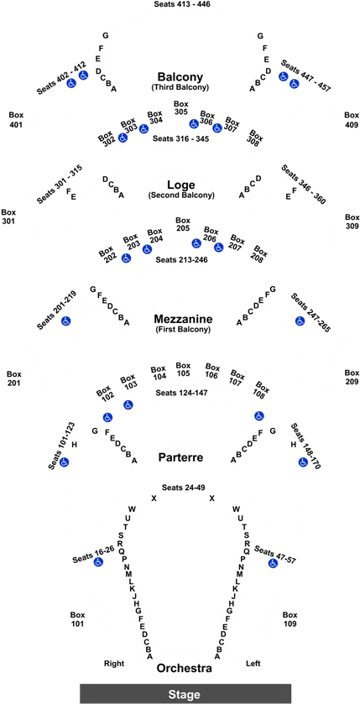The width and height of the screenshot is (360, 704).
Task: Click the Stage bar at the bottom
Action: click(x=185, y=694)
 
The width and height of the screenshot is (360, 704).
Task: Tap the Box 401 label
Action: click(x=16, y=120)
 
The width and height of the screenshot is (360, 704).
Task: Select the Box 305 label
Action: click(x=181, y=108)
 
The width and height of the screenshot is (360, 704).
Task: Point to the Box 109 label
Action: click(x=290, y=619)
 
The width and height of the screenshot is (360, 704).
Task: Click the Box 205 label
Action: click(x=183, y=225)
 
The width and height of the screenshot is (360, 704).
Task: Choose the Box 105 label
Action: click(x=183, y=369)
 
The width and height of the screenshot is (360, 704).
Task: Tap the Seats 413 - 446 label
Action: click(x=182, y=4)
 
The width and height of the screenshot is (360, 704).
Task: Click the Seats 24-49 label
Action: click(x=182, y=488)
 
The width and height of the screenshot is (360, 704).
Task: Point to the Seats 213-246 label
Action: click(x=181, y=259)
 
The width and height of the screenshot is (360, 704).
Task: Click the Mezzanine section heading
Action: click(x=183, y=319)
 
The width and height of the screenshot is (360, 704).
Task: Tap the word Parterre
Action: click(x=181, y=457)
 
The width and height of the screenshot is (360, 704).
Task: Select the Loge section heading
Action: click(x=181, y=185)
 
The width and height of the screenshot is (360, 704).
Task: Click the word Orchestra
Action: click(x=184, y=669)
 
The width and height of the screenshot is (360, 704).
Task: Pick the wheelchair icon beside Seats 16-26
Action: click(x=99, y=561)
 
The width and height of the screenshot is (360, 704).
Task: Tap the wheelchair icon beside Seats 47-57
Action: click(x=273, y=563)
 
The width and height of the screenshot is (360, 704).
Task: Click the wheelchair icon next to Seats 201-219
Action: click(x=65, y=321)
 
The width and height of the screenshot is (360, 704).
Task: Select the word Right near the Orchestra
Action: click(x=114, y=663)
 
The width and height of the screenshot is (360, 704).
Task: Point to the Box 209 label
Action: click(x=352, y=377)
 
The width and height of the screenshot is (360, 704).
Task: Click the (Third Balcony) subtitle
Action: click(x=180, y=87)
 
